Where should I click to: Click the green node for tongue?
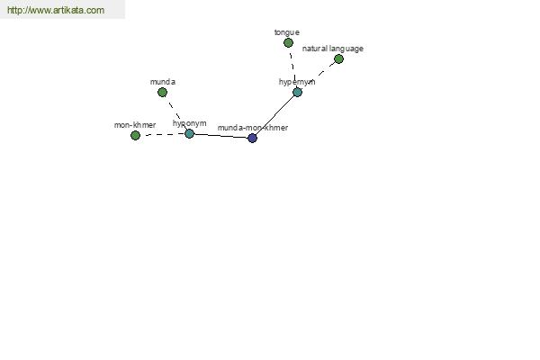click(x=288, y=42)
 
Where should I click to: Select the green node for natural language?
click(x=338, y=58)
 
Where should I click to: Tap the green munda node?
click(x=162, y=92)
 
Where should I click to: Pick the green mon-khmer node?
click(x=135, y=135)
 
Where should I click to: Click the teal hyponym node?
click(x=189, y=134)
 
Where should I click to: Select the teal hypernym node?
click(x=297, y=92)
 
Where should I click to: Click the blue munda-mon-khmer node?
click(x=252, y=138)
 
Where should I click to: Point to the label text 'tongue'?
click(x=287, y=32)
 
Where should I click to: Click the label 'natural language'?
click(x=333, y=49)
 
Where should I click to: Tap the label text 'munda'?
click(x=163, y=82)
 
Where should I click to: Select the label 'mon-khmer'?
click(x=135, y=125)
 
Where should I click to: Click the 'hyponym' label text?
click(x=189, y=123)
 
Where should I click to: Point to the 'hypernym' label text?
click(x=297, y=82)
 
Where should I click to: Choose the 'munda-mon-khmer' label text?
click(x=253, y=128)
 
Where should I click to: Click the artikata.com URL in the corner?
click(x=56, y=10)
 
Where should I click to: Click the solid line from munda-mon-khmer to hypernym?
click(x=274, y=115)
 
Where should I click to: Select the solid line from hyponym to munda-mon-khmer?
click(x=220, y=136)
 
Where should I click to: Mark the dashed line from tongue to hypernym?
click(x=292, y=67)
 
